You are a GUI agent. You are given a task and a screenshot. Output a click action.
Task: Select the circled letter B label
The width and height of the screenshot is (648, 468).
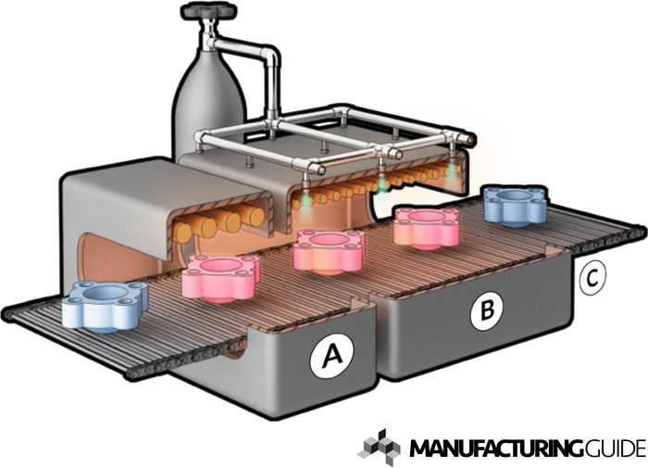[482, 313]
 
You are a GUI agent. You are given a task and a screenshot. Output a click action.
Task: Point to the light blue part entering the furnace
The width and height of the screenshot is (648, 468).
[106, 305]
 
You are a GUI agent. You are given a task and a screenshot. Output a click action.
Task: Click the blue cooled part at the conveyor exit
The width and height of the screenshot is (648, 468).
[516, 204]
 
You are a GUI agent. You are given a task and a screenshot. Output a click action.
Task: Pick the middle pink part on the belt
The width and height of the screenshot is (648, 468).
[327, 249]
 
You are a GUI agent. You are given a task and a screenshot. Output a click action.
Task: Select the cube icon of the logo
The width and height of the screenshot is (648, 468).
[380, 446]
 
